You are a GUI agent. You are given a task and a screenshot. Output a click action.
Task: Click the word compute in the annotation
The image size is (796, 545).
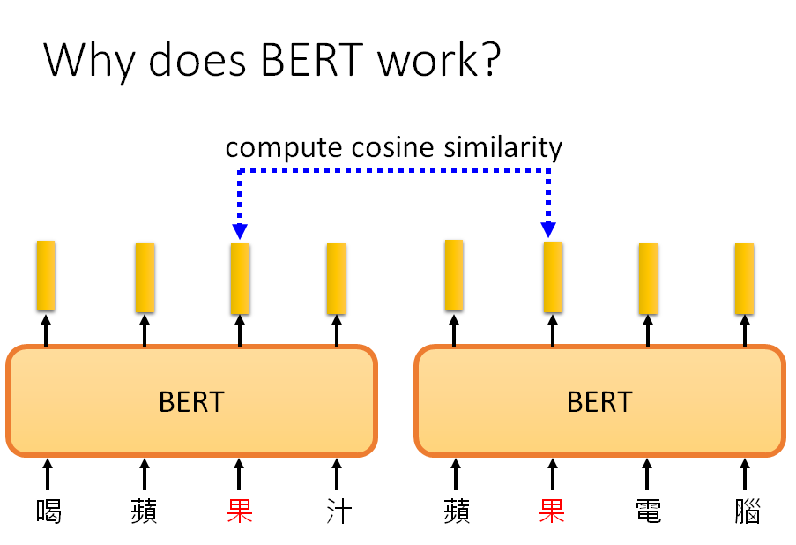click(x=277, y=147)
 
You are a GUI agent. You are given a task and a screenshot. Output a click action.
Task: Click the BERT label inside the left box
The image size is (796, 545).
click(x=191, y=402)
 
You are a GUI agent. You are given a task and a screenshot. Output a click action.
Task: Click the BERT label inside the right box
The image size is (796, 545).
click(x=599, y=402)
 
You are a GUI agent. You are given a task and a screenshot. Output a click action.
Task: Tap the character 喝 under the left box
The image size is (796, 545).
click(x=48, y=511)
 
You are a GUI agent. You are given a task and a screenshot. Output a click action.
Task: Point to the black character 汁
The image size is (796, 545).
click(x=337, y=511)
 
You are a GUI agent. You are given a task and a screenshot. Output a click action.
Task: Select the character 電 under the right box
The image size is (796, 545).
click(x=649, y=511)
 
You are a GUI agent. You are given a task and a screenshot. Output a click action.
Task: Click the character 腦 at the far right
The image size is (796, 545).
click(x=746, y=511)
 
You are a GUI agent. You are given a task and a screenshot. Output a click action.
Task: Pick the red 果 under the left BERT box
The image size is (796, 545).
click(x=240, y=511)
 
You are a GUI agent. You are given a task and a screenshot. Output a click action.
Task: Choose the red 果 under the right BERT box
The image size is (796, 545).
click(x=553, y=511)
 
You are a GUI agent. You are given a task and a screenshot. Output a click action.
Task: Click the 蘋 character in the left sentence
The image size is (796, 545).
click(x=144, y=511)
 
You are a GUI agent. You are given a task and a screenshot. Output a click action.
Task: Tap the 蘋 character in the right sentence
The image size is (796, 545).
click(x=456, y=511)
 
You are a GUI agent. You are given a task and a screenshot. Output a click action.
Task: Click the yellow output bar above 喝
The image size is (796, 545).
click(x=46, y=276)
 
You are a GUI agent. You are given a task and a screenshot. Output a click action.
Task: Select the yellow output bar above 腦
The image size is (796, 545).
click(x=745, y=278)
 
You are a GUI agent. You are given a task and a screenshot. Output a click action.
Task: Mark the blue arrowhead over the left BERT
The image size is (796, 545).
click(x=239, y=231)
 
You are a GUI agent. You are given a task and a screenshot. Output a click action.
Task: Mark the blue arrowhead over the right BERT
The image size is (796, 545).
click(x=549, y=229)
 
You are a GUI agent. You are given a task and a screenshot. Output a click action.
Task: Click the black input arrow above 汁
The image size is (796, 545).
click(x=337, y=473)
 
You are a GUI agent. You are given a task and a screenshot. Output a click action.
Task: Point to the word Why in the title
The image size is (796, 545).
click(x=87, y=59)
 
